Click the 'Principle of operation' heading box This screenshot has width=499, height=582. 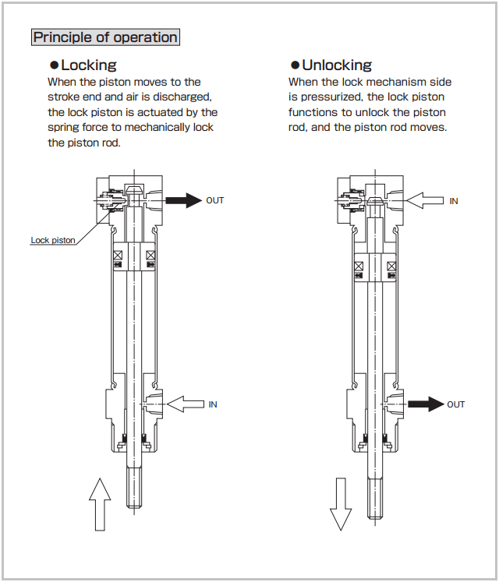point(105,37)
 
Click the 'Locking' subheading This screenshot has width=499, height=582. point(88,65)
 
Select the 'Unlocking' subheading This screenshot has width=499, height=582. point(336,65)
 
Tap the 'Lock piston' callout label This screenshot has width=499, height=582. point(53,240)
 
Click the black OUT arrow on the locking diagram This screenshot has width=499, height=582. point(183,200)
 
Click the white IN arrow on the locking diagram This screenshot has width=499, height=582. point(186,404)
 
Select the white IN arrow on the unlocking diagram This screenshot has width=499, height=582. point(426,200)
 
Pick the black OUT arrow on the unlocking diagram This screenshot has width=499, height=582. point(426,404)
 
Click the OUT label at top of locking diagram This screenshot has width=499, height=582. point(214,200)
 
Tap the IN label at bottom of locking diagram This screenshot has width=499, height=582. point(213,404)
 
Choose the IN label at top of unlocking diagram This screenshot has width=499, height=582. point(454,201)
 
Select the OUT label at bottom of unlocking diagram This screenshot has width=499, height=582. point(455,404)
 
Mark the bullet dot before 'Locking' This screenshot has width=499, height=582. point(54,65)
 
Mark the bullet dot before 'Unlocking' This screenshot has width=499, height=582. point(295,65)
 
